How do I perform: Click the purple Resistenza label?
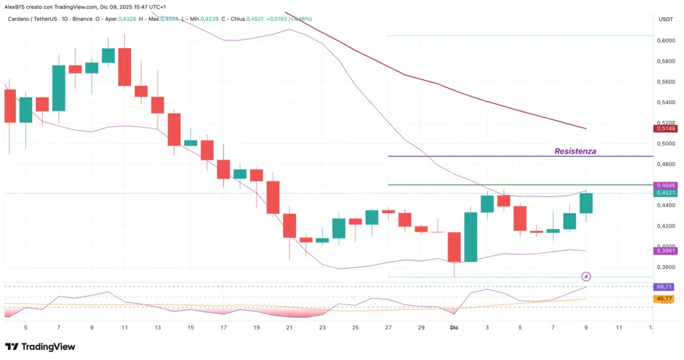pyautogui.click(x=575, y=152)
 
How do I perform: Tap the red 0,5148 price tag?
pyautogui.click(x=666, y=129)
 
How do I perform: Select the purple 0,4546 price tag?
pyautogui.click(x=666, y=185)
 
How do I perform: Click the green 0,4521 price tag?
pyautogui.click(x=666, y=194)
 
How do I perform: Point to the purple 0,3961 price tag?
pyautogui.click(x=666, y=250)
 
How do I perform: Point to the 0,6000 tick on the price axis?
pyautogui.click(x=666, y=41)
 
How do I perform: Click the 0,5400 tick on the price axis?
pyautogui.click(x=666, y=102)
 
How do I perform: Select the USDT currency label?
pyautogui.click(x=665, y=19)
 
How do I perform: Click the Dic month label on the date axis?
pyautogui.click(x=455, y=328)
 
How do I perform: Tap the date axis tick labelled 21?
pyautogui.click(x=289, y=328)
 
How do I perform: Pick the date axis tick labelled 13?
pyautogui.click(x=157, y=328)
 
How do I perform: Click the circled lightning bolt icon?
pyautogui.click(x=586, y=276)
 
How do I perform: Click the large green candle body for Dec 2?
pyautogui.click(x=471, y=236)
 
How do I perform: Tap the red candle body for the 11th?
pyautogui.click(x=124, y=67)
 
